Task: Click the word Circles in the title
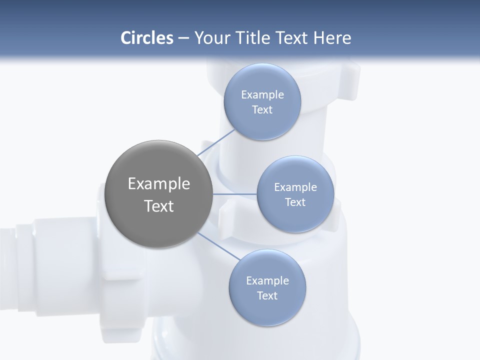pyautogui.click(x=146, y=38)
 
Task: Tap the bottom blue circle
pyautogui.click(x=267, y=310)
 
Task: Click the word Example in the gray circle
pyautogui.click(x=159, y=184)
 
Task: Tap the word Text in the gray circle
pyautogui.click(x=159, y=206)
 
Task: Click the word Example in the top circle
pyautogui.click(x=262, y=95)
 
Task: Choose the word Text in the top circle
pyautogui.click(x=262, y=110)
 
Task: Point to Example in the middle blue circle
pyautogui.click(x=295, y=187)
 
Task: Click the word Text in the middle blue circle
pyautogui.click(x=295, y=202)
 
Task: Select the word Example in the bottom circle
pyautogui.click(x=267, y=281)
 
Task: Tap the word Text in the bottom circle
pyautogui.click(x=267, y=296)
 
